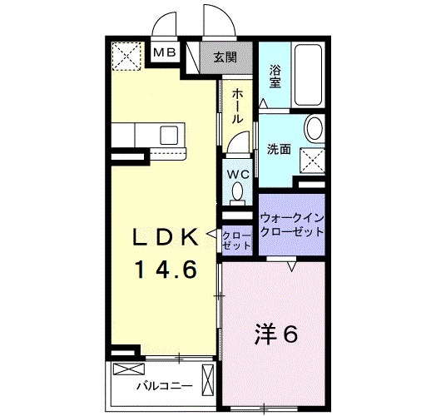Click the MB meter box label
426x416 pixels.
[x=166, y=54]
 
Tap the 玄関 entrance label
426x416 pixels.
[x=224, y=57]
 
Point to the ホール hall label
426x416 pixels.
[x=237, y=106]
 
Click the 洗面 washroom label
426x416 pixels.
[x=279, y=150]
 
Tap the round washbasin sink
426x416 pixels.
[x=315, y=130]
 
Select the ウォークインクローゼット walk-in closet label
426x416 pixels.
[x=290, y=224]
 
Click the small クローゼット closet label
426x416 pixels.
[x=237, y=241]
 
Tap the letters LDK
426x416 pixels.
[x=166, y=238]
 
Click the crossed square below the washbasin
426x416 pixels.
[x=313, y=157]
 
